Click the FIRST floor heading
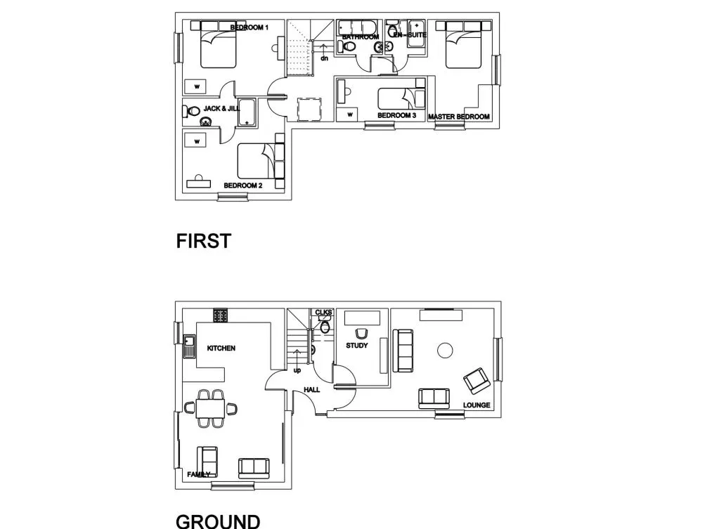click(x=204, y=241)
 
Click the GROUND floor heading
click(x=218, y=521)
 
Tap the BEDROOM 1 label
click(x=250, y=27)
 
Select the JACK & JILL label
click(x=221, y=109)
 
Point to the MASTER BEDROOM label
click(x=458, y=117)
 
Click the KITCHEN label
click(x=221, y=348)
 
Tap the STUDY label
click(x=357, y=346)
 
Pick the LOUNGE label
click(x=477, y=405)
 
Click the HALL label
click(x=312, y=390)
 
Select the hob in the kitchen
click(x=221, y=315)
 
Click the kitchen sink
click(x=188, y=346)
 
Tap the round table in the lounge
click(x=445, y=351)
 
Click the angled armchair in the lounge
click(x=477, y=381)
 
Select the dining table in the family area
click(x=210, y=408)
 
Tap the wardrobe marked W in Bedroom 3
click(x=350, y=115)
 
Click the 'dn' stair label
click(x=324, y=58)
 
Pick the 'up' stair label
click(x=297, y=370)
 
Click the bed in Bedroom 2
click(x=261, y=161)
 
